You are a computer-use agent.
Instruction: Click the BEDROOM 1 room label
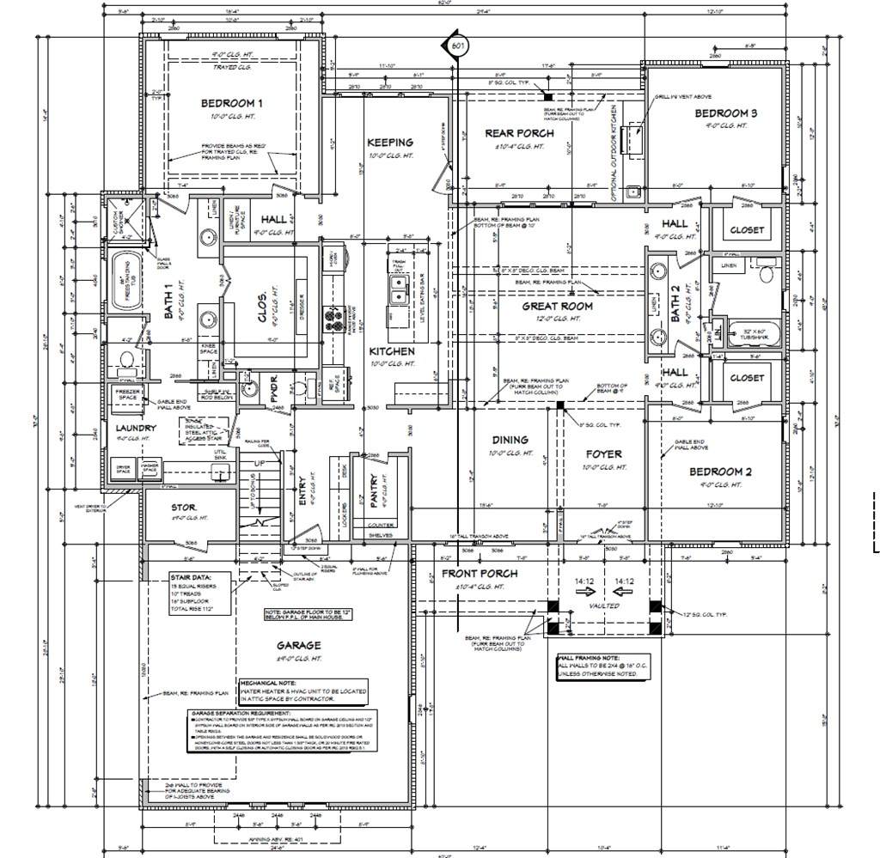click(x=232, y=104)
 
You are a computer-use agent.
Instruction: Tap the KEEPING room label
click(x=390, y=143)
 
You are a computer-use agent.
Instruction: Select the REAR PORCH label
click(x=519, y=133)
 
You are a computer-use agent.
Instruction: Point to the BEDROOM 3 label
click(x=725, y=113)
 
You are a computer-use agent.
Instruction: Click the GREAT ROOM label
click(x=558, y=306)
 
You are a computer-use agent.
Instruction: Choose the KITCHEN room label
click(x=392, y=351)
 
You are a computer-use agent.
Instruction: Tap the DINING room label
click(x=510, y=440)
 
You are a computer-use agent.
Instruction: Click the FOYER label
click(x=603, y=454)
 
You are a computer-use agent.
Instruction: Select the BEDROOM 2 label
click(x=720, y=472)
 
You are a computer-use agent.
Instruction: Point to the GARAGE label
click(x=298, y=645)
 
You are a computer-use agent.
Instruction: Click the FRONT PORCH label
click(x=480, y=574)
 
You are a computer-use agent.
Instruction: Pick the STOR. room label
click(x=184, y=508)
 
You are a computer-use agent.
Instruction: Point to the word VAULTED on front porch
click(x=603, y=605)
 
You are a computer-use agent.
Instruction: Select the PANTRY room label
click(x=374, y=492)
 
